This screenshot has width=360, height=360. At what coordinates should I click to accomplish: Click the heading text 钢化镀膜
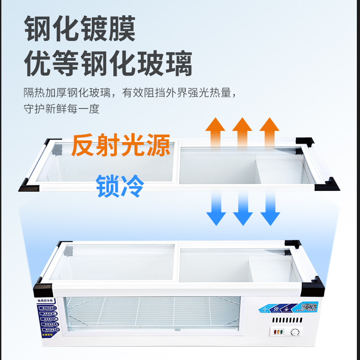80,28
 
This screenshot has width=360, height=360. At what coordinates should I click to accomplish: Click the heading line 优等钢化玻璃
108,63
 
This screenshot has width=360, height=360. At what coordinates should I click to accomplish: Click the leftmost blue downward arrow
216,207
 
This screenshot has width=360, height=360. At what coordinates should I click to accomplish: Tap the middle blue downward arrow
243,207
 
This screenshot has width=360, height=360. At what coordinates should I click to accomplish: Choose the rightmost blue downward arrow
270,207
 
